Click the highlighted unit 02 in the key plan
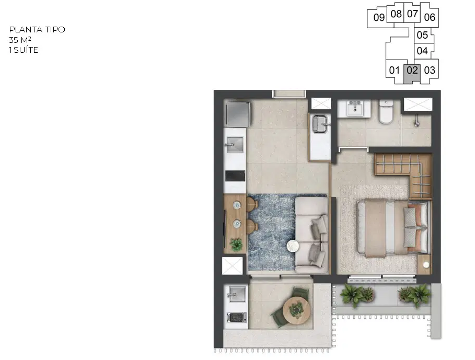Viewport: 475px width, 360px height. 412,73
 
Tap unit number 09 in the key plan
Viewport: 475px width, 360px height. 379,18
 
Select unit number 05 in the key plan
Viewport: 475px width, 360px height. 422,35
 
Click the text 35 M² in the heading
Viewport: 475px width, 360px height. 20,40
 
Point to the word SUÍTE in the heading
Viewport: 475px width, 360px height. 26,50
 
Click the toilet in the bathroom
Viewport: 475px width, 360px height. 386,112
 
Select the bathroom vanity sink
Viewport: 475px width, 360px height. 354,108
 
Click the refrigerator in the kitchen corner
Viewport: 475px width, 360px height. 237,114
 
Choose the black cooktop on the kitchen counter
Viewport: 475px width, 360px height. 235,176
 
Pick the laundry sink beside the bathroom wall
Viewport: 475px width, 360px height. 320,124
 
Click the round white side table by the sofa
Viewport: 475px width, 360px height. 293,246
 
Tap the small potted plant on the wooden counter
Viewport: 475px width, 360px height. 236,245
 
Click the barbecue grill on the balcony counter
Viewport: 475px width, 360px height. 237,318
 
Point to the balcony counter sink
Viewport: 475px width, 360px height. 236,294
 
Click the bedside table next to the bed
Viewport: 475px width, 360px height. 424,264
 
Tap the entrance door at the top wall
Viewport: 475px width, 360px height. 289,94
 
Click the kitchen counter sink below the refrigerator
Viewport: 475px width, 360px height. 235,145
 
